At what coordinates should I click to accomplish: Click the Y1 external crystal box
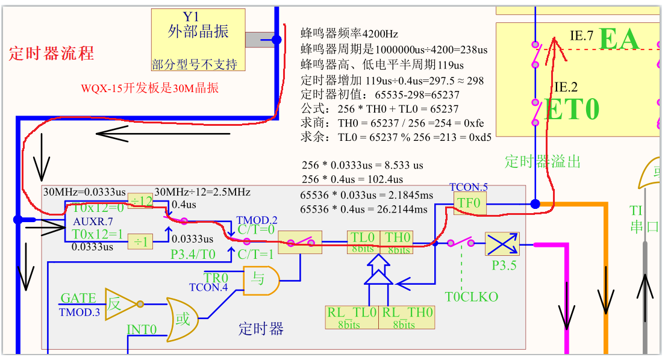pos(198,40)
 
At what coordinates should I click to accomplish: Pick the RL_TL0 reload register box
pos(352,317)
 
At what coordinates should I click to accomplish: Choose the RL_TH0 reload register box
pos(407,317)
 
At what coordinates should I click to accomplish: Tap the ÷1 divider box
pos(140,241)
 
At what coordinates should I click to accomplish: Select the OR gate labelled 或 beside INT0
pos(184,317)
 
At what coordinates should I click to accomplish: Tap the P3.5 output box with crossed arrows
pos(502,244)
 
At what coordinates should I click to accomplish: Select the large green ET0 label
pos(572,110)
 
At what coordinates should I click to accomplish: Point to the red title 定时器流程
pos(51,53)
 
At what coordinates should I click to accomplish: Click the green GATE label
pos(78,298)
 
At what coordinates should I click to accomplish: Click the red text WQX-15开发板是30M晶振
pos(150,88)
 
